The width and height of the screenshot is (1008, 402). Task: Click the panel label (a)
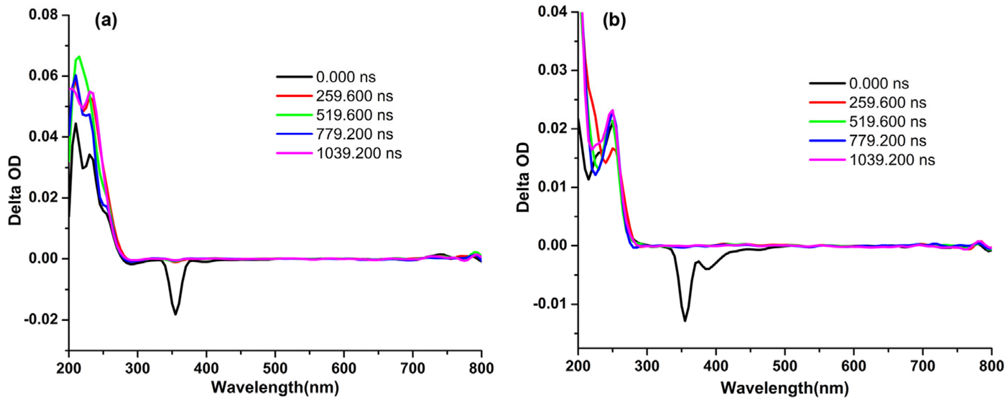[x=106, y=21]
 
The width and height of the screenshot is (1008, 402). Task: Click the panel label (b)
[x=614, y=21]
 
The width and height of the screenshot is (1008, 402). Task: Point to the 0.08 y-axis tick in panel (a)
[x=43, y=15]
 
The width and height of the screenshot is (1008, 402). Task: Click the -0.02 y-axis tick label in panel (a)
[x=40, y=320]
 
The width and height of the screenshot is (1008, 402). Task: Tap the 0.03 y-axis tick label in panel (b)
[x=551, y=70]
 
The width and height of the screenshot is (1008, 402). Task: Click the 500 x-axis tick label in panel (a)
[x=275, y=368]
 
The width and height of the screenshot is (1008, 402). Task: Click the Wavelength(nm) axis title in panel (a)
[x=275, y=388]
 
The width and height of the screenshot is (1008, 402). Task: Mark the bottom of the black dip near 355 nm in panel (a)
[x=175, y=314]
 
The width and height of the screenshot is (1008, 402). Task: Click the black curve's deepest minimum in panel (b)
[x=685, y=321]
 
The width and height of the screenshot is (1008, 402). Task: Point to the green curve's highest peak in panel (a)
[x=79, y=57]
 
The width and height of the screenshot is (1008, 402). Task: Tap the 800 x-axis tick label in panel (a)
[x=481, y=368]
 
